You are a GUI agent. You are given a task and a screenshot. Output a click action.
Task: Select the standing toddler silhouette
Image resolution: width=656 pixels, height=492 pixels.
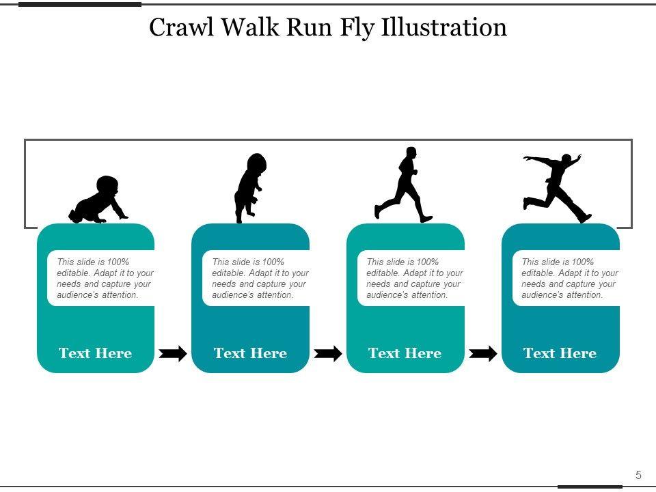(x=249, y=188)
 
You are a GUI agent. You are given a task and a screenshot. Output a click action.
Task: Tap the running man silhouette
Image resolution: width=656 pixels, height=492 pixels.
(x=405, y=187)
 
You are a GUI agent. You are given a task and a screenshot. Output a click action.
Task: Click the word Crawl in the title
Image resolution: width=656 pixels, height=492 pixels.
(x=180, y=27)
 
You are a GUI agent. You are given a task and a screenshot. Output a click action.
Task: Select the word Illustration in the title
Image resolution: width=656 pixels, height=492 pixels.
(x=444, y=27)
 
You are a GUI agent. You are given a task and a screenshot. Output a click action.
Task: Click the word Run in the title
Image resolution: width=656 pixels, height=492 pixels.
(x=303, y=27)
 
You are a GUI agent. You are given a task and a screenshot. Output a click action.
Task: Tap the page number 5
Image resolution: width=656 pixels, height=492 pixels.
(x=638, y=476)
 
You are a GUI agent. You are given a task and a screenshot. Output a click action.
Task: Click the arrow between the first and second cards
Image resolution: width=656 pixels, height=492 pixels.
(x=173, y=353)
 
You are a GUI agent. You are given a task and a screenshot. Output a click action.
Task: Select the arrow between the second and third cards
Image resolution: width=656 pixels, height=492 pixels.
(x=328, y=353)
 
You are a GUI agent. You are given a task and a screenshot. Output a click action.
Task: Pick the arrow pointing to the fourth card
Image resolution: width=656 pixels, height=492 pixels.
(x=483, y=353)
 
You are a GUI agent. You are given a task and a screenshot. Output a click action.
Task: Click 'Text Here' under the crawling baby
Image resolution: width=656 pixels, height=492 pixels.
(x=95, y=353)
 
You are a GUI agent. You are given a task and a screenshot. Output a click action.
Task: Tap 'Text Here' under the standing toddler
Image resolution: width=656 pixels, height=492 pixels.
(x=250, y=353)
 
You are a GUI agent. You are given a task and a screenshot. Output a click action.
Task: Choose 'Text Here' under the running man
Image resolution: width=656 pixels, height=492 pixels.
(x=405, y=353)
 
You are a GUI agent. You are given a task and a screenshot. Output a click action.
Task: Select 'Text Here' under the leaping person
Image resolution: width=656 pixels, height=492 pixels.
(x=560, y=353)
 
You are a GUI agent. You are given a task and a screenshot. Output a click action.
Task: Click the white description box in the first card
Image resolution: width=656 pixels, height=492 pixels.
(x=101, y=278)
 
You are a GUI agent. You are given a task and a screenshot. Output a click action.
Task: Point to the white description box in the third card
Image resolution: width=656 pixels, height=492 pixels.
(x=411, y=278)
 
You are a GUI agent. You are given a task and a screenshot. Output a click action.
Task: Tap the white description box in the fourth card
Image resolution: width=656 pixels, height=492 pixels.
(x=566, y=278)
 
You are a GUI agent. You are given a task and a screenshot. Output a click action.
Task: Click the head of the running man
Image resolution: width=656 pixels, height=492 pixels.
(x=411, y=152)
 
